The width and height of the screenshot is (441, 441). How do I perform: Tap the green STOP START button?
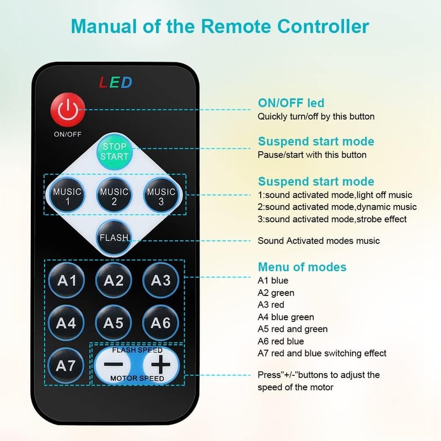115,151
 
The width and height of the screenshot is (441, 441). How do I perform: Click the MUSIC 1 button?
67,195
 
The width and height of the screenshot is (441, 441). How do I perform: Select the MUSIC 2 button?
114,195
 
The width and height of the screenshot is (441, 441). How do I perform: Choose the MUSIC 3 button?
161,195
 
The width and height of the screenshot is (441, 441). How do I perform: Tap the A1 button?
67,280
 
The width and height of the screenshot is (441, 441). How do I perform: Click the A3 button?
160,280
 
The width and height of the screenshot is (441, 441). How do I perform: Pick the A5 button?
114,322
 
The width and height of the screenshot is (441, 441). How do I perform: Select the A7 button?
66,365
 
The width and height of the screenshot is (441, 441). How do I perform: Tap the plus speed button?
160,365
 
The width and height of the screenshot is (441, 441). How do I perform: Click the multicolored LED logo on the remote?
116,82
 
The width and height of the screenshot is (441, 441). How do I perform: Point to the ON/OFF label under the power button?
67,134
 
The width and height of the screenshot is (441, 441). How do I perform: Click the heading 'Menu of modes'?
302,267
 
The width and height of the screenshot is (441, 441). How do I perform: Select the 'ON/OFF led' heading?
291,103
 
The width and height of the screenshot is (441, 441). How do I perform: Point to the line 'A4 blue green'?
286,317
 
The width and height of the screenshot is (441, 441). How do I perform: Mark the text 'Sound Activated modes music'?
319,241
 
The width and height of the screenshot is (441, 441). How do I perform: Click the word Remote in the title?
236,26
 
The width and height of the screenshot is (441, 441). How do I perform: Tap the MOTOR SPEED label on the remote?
137,378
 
